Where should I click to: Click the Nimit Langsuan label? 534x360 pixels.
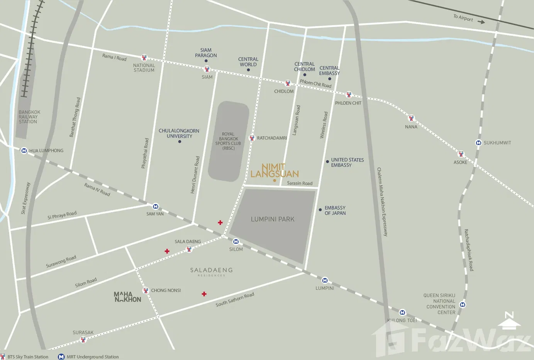pos(275,170)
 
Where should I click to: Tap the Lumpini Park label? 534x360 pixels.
pos(273,219)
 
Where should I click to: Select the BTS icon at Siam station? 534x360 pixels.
pos(207,70)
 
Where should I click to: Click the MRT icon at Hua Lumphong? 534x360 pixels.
pos(24,151)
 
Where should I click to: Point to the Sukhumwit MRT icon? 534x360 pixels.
pos(478,143)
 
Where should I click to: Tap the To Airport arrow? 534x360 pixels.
pos(481,22)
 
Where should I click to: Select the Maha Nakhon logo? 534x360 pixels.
pos(127,297)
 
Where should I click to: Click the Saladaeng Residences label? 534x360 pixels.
pos(211,272)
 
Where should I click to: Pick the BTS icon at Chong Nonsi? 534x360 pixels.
pos(146,290)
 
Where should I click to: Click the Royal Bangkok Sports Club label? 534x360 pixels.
pos(228,141)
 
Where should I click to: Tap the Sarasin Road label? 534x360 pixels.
pos(300,183)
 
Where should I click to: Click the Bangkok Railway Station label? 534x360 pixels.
pos(29,117)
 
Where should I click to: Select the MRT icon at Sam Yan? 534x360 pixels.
pos(155,207)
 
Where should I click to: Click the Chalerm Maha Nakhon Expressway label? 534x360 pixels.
pos(382,202)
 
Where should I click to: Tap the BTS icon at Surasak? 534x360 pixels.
pos(83,340)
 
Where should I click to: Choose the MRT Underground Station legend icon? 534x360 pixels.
pos(61,357)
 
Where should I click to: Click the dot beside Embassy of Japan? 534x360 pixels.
pos(320,210)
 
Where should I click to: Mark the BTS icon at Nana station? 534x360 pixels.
pos(411,118)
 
